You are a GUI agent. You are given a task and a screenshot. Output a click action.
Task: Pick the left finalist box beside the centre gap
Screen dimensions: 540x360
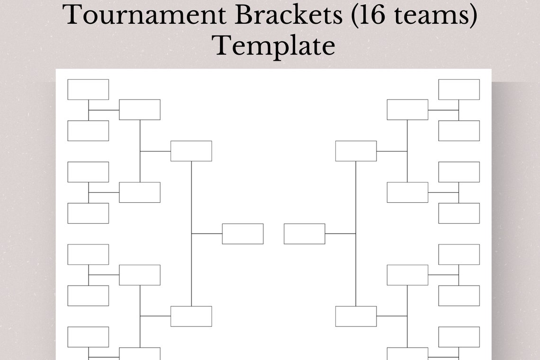(x=243, y=234)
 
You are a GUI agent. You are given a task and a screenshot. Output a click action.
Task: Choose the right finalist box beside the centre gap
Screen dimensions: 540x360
(x=305, y=234)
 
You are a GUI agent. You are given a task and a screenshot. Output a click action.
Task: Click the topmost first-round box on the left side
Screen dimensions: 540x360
(x=88, y=90)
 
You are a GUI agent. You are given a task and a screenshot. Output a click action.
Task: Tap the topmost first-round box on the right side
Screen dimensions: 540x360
(x=459, y=90)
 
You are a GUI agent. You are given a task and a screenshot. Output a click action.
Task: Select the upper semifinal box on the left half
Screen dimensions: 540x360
(x=191, y=151)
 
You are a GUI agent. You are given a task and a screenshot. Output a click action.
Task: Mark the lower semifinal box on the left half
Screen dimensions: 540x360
(x=191, y=316)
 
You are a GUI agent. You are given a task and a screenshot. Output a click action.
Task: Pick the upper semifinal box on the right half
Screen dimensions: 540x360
(x=356, y=151)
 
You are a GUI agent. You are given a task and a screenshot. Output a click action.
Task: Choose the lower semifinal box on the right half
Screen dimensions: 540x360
(x=356, y=316)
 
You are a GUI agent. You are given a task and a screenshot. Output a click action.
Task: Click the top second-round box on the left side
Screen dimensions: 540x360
(x=140, y=109)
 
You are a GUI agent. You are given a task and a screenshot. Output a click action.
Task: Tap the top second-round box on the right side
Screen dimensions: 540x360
(x=407, y=109)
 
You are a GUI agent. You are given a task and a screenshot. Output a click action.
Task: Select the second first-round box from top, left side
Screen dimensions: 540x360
(x=88, y=131)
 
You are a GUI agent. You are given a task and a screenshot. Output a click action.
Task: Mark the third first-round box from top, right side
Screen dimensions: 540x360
(x=459, y=172)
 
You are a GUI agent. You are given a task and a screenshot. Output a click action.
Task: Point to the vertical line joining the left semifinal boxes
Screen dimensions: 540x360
(x=191, y=199)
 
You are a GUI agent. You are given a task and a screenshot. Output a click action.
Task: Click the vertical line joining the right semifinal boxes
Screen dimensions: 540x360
(x=356, y=199)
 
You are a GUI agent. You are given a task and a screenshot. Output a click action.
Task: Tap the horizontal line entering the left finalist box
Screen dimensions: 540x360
(x=207, y=234)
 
